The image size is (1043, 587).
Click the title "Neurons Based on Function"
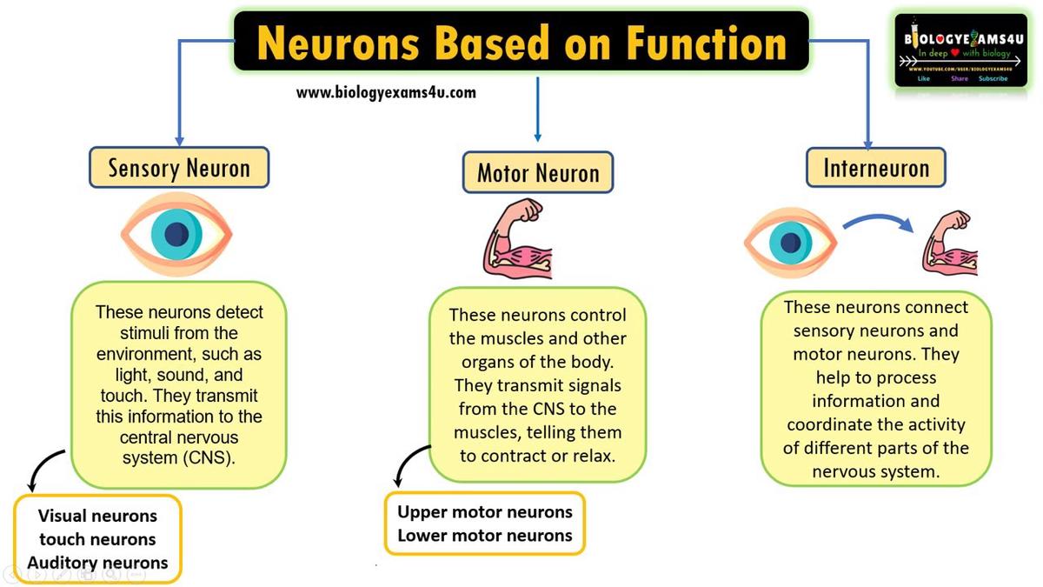(x=521, y=42)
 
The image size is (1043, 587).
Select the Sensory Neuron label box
(x=179, y=168)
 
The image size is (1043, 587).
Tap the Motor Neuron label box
(x=538, y=173)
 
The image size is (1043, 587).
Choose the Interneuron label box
(x=876, y=168)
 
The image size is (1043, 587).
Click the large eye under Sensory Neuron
(x=177, y=234)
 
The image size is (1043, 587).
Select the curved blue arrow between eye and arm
(x=877, y=222)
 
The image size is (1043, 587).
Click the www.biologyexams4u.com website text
(x=386, y=92)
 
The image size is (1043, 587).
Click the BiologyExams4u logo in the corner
(x=961, y=50)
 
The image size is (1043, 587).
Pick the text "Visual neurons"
(x=97, y=516)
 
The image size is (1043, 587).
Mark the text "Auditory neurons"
(x=97, y=563)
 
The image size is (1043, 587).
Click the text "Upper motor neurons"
(x=485, y=511)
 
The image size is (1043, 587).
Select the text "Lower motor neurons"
(x=485, y=535)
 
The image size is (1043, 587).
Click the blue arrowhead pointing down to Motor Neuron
(x=538, y=137)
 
